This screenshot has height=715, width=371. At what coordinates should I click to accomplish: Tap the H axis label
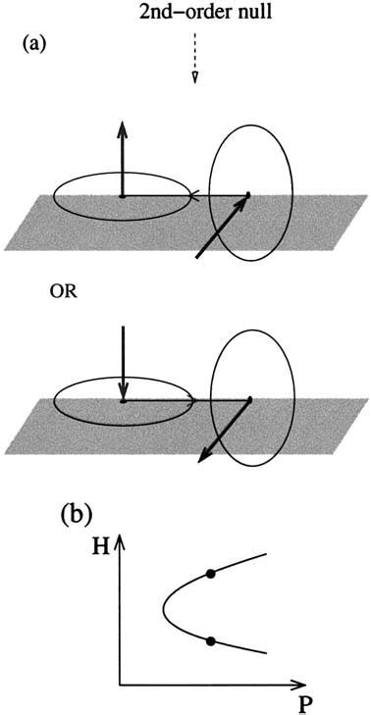100,548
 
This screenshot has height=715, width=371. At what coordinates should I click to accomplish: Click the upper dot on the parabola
211,574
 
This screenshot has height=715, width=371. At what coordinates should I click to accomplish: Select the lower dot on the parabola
211,641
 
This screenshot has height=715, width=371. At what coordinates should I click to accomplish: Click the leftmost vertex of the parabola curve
163,608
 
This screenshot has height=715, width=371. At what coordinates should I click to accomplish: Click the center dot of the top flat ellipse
122,196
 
